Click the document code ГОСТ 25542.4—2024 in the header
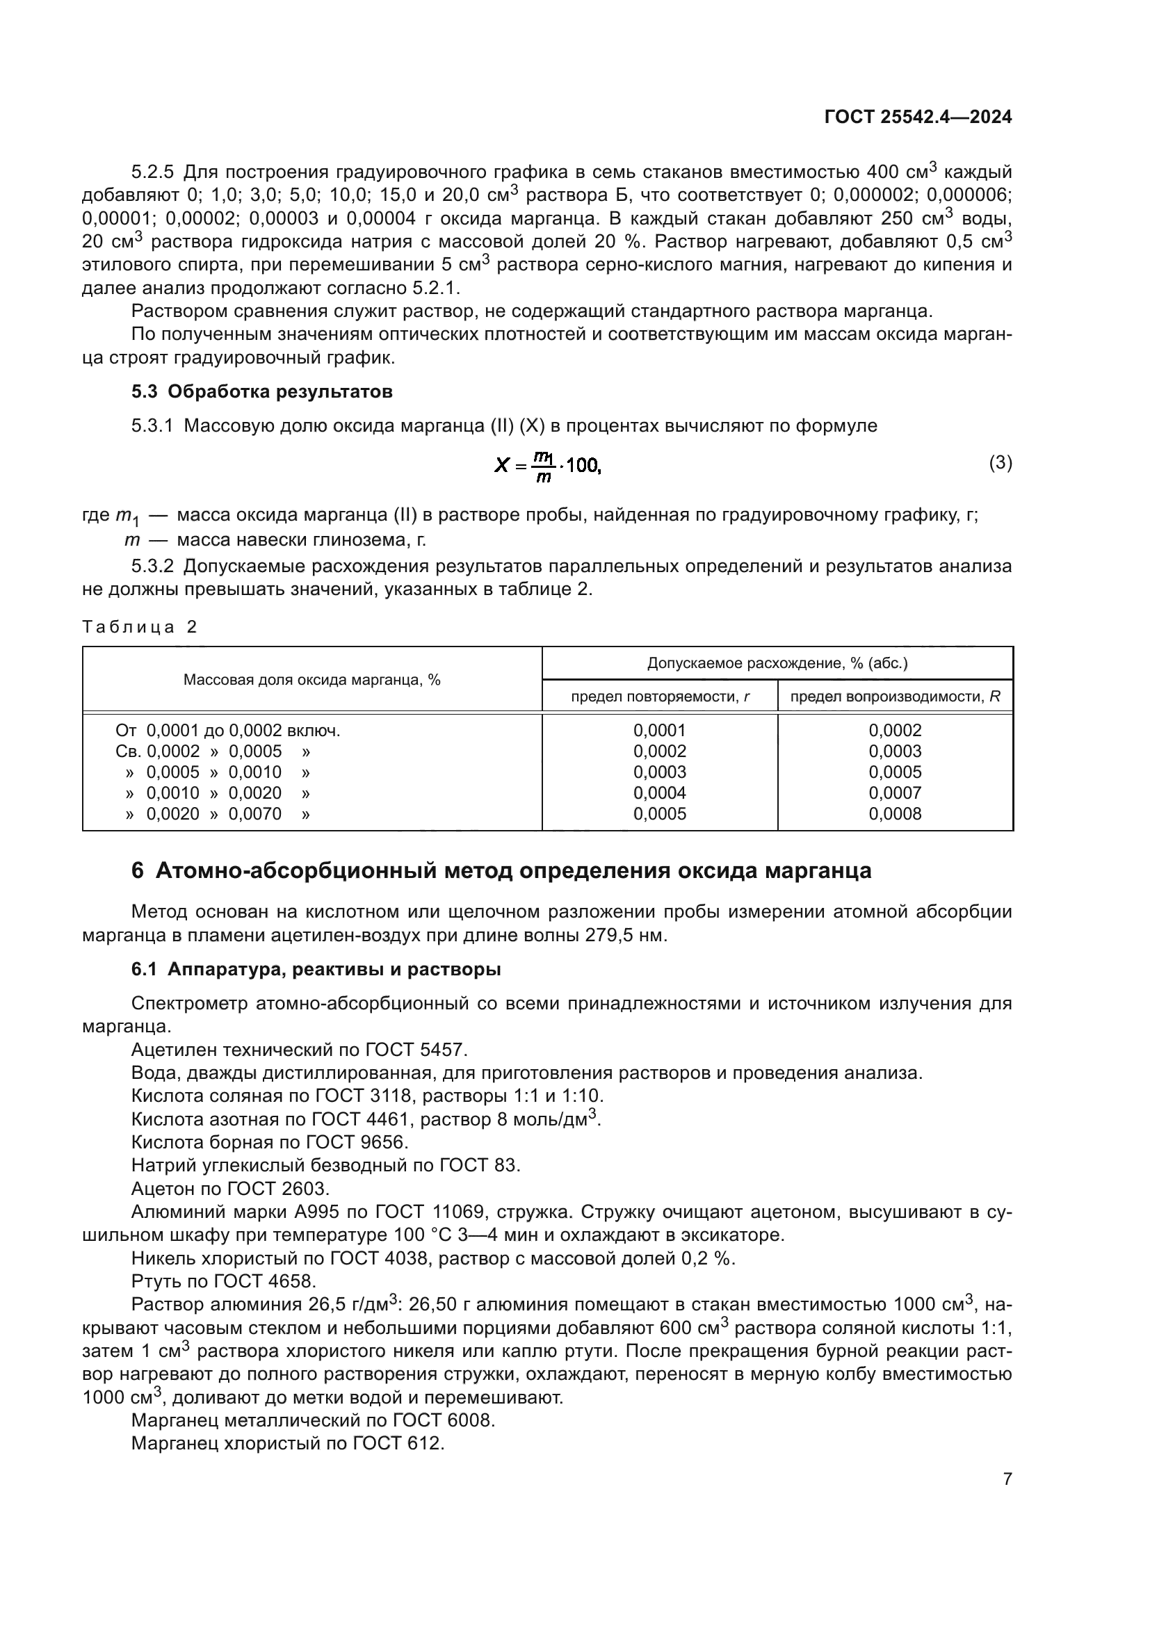pos(918,117)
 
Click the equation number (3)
pos(1000,463)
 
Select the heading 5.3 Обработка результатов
pos(262,391)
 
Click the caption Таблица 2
pos(140,627)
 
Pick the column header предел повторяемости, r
pos(660,697)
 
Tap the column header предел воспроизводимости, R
pos(895,697)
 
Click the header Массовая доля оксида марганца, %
pos(311,680)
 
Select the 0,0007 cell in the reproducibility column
pos(895,793)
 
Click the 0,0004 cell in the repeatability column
pos(659,793)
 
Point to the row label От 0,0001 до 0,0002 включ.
pos(227,730)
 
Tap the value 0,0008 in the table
pos(895,814)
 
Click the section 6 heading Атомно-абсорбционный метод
pos(501,871)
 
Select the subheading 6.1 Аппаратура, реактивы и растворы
pos(316,970)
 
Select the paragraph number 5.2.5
pos(152,172)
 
